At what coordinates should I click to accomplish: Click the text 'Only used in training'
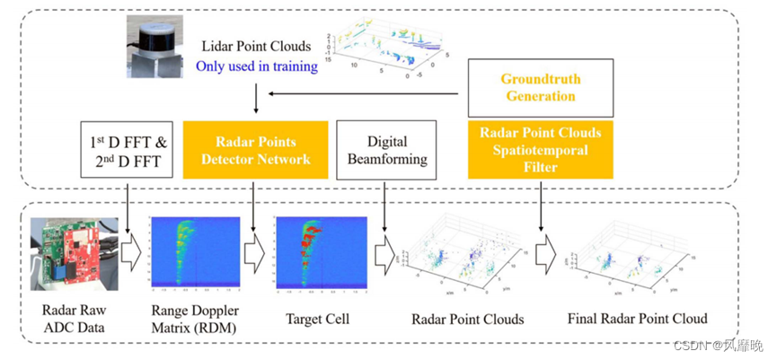257,66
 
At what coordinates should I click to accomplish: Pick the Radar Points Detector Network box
255,150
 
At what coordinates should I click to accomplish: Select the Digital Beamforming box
387,150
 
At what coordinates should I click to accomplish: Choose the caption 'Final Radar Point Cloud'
638,319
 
